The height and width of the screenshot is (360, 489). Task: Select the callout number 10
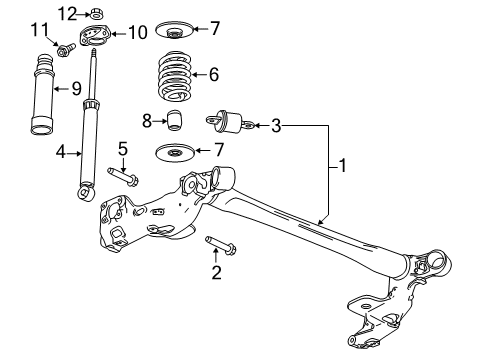point(138,33)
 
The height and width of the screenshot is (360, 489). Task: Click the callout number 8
point(146,121)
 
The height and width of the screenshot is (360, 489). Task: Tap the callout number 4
point(61,152)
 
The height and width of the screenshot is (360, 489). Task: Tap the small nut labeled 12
point(94,14)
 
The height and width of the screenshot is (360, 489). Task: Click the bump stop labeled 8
point(175,120)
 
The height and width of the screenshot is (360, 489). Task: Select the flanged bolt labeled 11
point(65,47)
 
